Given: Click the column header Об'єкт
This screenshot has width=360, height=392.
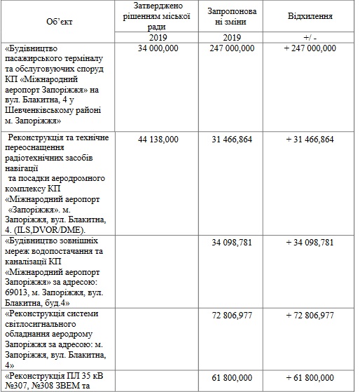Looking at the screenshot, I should tap(61, 21).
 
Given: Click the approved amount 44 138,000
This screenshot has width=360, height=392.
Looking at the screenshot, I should tap(160, 139).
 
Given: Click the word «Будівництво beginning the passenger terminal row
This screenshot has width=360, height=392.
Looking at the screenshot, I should tap(33, 48).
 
